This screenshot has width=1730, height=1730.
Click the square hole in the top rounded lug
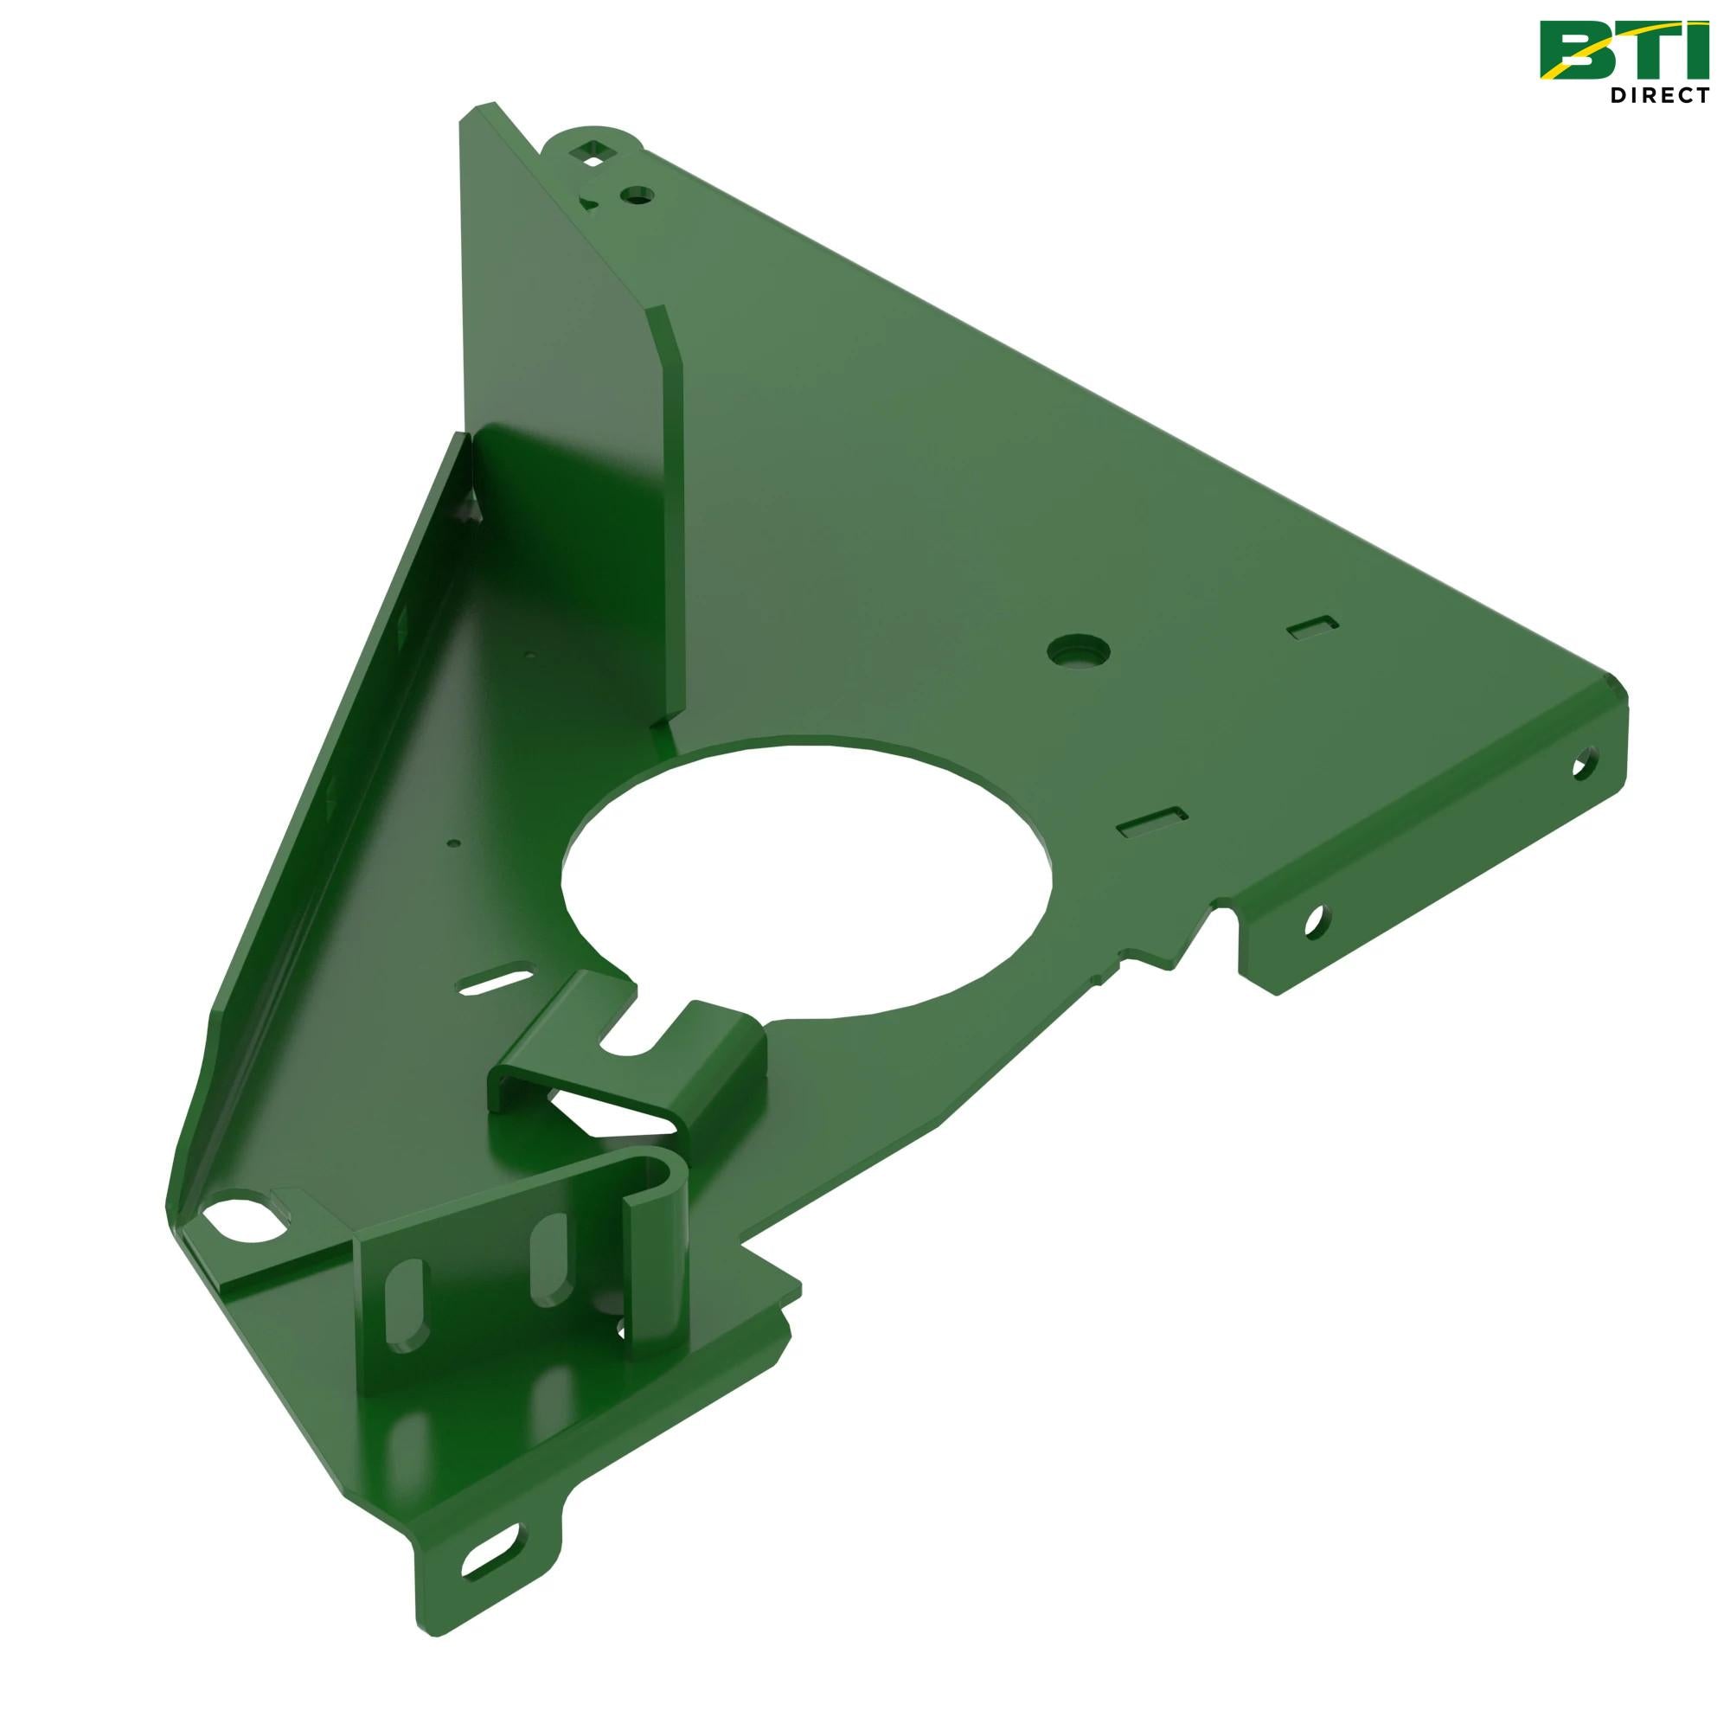pyautogui.click(x=592, y=152)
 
